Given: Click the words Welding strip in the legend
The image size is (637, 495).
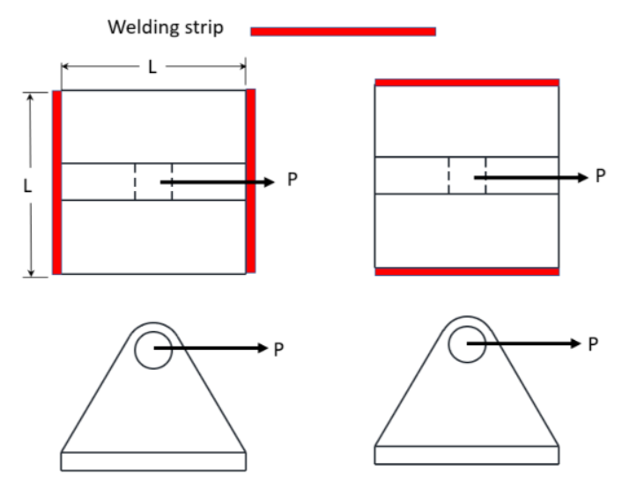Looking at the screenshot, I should [x=166, y=27].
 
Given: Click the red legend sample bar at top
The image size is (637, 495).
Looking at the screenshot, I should [x=343, y=32].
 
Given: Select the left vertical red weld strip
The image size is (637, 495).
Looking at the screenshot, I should [x=56, y=181].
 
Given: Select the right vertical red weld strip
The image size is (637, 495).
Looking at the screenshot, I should [x=250, y=181].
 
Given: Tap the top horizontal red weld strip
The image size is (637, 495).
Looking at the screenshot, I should [x=467, y=83].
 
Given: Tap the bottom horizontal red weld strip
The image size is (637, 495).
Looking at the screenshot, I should [x=467, y=272].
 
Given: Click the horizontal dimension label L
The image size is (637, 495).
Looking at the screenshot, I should [x=152, y=68].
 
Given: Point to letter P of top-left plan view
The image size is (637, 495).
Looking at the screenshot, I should [x=293, y=180].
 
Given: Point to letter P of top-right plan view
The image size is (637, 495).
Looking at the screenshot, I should [x=601, y=175].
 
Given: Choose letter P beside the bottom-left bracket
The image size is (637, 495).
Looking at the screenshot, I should [x=278, y=349].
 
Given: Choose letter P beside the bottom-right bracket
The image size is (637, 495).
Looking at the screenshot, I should [x=594, y=344].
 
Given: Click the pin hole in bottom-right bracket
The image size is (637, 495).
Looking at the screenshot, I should [x=467, y=343].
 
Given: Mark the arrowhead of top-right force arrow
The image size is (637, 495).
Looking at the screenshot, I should [x=581, y=177].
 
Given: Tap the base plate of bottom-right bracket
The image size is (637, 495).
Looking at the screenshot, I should [x=467, y=455].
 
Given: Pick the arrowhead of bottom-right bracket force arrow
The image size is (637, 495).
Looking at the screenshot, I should [x=574, y=343].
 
